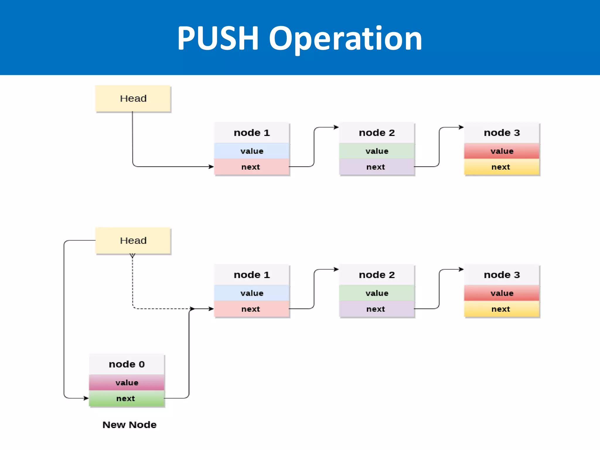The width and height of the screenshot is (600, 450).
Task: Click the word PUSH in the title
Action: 218,38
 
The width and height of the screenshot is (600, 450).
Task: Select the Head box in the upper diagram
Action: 133,98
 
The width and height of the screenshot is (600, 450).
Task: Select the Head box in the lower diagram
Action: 133,241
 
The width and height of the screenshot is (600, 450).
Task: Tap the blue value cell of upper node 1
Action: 252,151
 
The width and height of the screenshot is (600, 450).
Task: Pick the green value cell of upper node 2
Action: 377,151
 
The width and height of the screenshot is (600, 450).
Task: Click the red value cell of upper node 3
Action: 502,151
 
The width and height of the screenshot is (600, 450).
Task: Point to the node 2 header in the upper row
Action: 377,133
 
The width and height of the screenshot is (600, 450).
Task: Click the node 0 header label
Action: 127,364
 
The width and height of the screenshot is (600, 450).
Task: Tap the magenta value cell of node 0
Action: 127,383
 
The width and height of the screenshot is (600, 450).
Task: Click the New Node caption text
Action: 129,425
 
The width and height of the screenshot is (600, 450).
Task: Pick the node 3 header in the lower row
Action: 502,275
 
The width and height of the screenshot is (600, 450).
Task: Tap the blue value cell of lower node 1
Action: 252,293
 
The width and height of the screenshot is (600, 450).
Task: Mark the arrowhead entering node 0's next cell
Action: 86,398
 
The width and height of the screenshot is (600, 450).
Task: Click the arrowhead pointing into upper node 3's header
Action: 461,127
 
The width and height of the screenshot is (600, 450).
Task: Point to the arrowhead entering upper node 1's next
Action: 211,167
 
